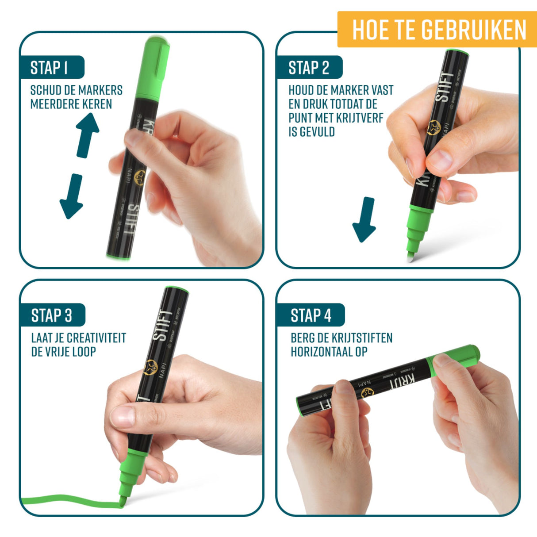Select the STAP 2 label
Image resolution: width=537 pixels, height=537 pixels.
point(309,68)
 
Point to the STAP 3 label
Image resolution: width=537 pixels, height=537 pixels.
point(52,315)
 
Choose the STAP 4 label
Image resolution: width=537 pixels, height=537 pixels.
point(311,315)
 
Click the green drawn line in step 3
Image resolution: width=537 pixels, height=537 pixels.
point(66,502)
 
